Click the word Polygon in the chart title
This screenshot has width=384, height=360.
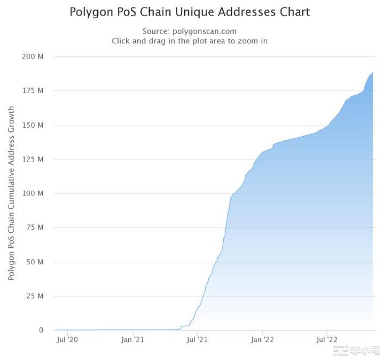(93, 12)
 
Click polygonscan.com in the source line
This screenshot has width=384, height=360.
(205, 32)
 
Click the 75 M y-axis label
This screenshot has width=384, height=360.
(35, 228)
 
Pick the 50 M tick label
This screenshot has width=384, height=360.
(35, 262)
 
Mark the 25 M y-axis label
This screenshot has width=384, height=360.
(35, 296)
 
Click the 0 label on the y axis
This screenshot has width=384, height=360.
(41, 330)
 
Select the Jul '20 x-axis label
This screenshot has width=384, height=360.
(67, 339)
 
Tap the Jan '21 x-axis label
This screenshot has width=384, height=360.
(132, 339)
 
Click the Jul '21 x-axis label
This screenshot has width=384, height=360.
(198, 339)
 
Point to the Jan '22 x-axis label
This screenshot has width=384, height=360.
(263, 339)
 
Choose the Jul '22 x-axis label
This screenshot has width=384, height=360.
(327, 339)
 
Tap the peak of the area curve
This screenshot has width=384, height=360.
(372, 73)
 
